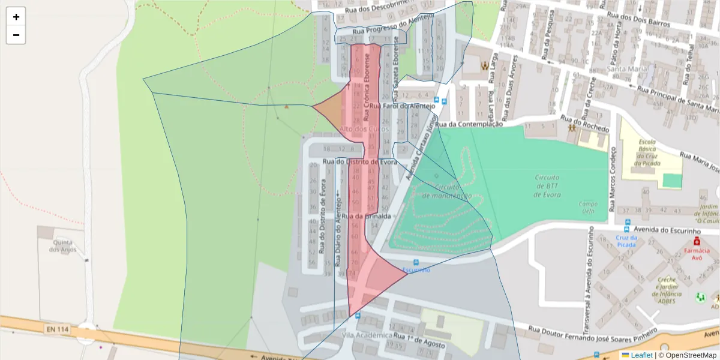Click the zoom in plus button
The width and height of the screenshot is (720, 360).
click(16, 17)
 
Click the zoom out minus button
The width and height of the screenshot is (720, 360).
click(16, 35)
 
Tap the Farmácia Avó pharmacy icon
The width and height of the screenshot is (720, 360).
click(697, 241)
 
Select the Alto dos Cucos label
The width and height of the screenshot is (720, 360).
click(364, 129)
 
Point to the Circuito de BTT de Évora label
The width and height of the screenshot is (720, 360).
click(547, 186)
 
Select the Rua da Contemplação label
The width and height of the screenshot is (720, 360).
click(468, 124)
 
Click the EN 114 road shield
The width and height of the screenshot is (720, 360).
click(57, 329)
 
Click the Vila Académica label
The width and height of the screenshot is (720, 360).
click(367, 335)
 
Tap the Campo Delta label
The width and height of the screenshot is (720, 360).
click(588, 207)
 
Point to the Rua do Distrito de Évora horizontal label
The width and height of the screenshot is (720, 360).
click(360, 161)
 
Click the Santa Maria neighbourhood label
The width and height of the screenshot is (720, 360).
click(627, 69)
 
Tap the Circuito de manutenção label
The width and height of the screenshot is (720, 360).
click(446, 191)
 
